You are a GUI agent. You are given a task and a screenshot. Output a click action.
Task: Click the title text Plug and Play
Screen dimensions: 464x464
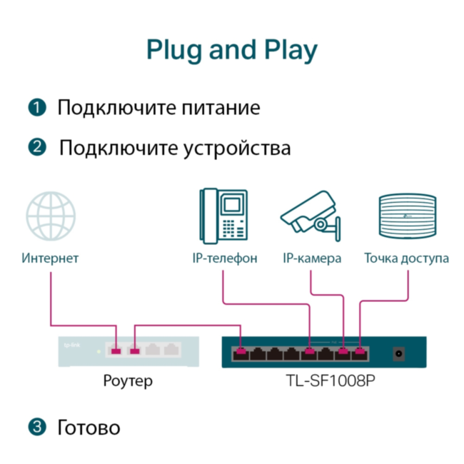(231, 51)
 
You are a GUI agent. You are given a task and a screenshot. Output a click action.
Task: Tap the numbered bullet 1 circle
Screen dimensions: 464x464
(36, 108)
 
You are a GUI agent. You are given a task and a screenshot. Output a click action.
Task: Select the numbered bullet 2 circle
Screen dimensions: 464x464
(36, 148)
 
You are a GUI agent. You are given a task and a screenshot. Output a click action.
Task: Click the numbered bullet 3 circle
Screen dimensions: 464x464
(36, 428)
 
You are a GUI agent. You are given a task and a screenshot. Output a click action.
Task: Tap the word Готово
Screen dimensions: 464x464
(89, 428)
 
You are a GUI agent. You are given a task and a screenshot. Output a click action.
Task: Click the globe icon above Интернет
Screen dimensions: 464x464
(51, 215)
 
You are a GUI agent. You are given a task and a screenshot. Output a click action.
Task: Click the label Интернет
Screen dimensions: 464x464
(50, 258)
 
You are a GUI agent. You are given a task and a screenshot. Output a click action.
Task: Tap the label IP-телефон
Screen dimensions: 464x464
(224, 258)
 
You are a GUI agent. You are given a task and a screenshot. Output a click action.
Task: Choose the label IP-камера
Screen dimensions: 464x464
(312, 258)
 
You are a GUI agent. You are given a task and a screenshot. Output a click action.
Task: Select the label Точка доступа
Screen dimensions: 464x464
(406, 258)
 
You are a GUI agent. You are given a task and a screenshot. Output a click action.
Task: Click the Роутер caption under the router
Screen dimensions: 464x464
(128, 382)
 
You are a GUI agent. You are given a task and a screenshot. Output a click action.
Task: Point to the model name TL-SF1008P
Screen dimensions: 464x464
(326, 382)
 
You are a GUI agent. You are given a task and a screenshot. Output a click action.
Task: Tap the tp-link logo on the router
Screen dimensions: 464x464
(72, 346)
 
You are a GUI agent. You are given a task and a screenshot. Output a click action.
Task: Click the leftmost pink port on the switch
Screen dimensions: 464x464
(240, 352)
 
